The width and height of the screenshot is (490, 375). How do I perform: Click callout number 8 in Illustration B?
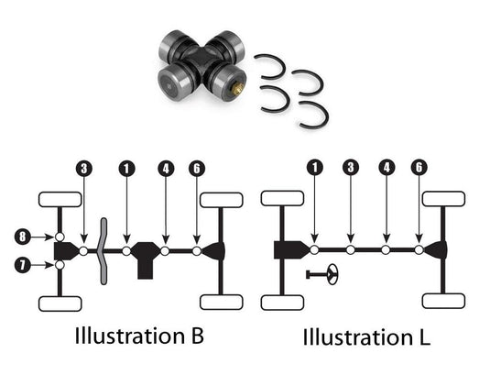click(23, 237)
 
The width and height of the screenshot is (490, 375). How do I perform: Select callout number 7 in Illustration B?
click(23, 265)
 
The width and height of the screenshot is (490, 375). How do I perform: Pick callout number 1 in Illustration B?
click(126, 168)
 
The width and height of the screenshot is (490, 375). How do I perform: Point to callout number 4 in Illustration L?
click(387, 168)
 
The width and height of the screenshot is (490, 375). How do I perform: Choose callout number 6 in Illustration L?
click(419, 168)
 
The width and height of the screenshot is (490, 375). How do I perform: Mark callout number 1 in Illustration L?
click(314, 168)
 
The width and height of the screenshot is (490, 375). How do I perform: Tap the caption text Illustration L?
click(365, 336)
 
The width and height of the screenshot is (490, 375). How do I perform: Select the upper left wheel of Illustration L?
click(282, 199)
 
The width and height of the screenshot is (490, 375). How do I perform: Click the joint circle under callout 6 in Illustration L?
click(419, 249)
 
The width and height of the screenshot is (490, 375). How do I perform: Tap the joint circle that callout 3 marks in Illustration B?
click(83, 250)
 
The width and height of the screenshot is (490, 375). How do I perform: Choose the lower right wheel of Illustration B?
click(221, 301)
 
